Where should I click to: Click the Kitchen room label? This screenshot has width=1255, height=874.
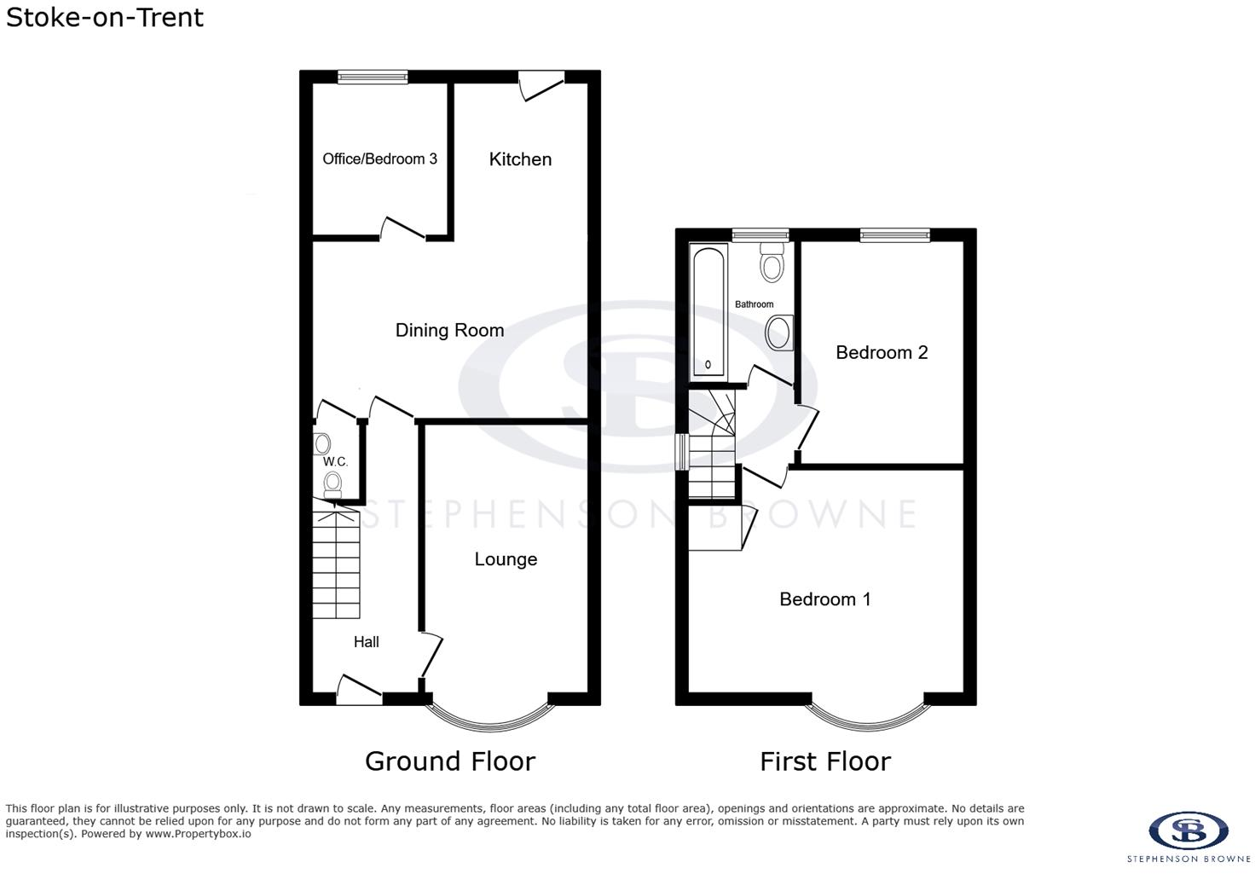[520, 159]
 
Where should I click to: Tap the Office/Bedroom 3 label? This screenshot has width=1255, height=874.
[379, 159]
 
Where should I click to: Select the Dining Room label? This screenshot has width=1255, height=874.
[449, 331]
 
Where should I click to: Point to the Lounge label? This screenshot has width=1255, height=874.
[506, 559]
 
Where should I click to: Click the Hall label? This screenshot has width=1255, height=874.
[366, 642]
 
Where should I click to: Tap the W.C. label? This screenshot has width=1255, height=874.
[335, 461]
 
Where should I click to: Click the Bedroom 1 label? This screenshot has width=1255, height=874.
[824, 599]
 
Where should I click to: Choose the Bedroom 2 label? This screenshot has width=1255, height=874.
[882, 352]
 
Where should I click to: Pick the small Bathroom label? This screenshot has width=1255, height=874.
[754, 304]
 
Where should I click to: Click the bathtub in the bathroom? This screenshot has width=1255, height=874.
[708, 311]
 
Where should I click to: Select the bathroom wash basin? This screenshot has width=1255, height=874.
[778, 333]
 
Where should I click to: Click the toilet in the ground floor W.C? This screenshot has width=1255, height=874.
[333, 484]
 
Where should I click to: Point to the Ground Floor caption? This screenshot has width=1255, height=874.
[450, 761]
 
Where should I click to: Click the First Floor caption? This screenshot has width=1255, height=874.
[824, 761]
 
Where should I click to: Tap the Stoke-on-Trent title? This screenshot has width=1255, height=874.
[104, 17]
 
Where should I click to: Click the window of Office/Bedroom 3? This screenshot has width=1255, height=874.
[373, 78]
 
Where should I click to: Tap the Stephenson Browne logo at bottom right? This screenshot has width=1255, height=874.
[1188, 836]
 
